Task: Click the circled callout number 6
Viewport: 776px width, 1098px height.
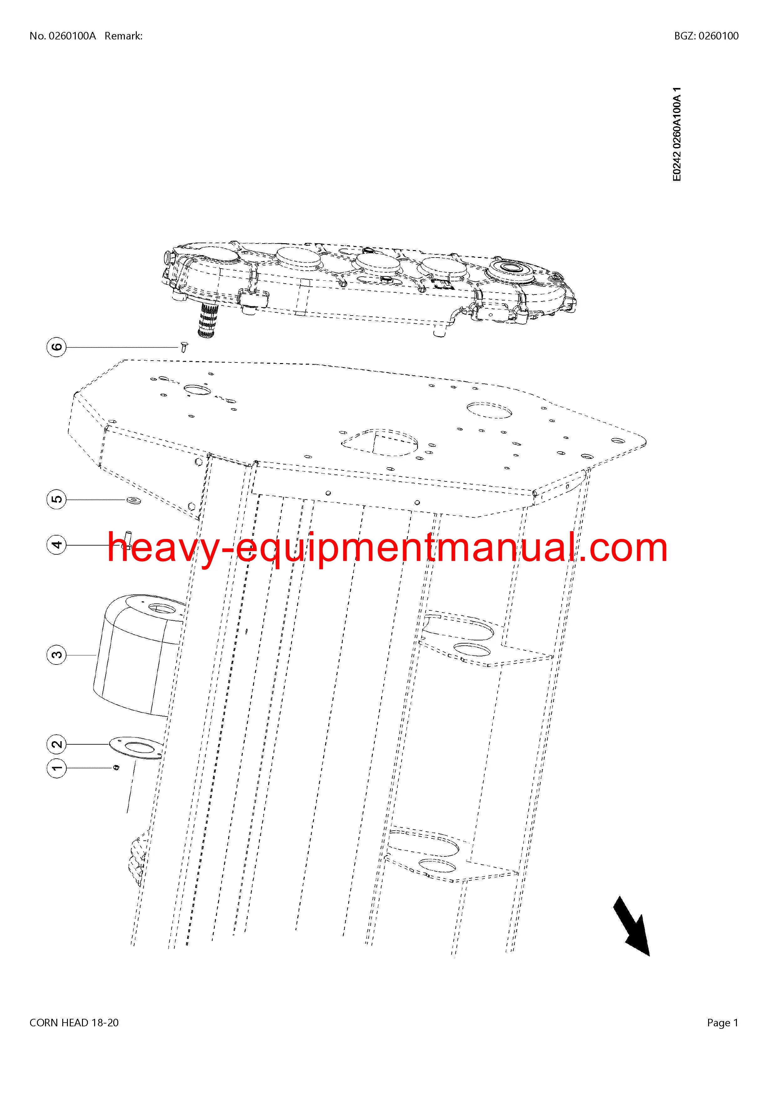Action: [57, 347]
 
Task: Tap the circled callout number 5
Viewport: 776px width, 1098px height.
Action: [57, 499]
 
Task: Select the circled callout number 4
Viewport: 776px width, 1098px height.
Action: [57, 545]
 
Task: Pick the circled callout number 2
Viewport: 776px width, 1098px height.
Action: [57, 744]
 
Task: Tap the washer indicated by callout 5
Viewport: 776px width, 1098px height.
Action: [130, 500]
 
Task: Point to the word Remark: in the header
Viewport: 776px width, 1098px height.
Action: [123, 36]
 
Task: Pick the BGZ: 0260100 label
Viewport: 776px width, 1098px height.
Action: [706, 36]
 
